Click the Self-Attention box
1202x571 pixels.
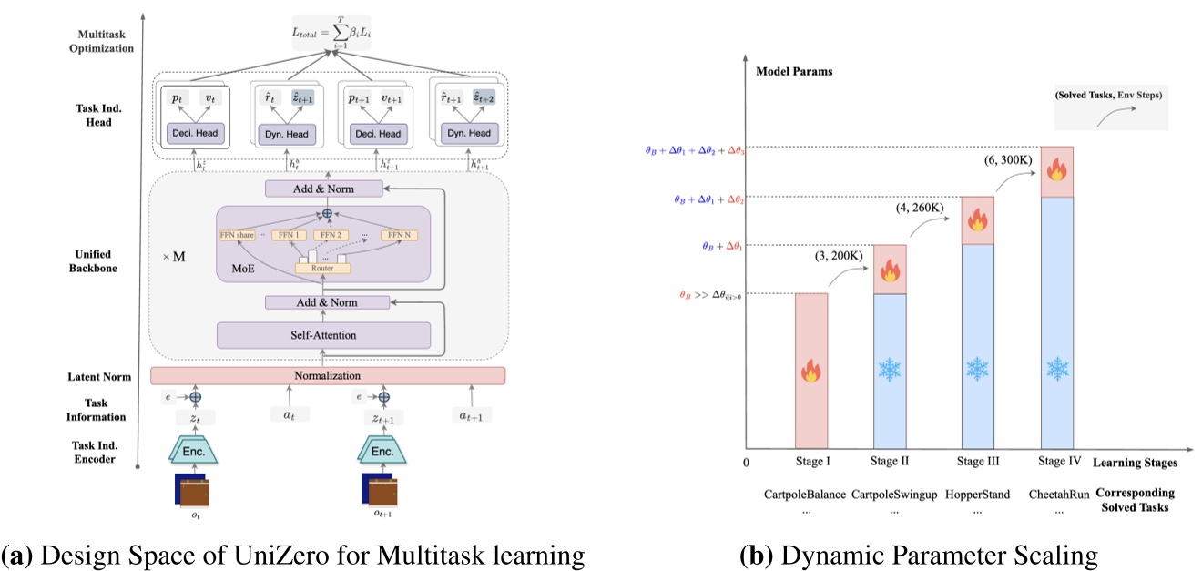point(323,335)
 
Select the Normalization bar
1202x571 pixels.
point(327,375)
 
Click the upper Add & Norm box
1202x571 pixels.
point(323,189)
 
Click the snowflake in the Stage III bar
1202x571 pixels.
point(977,369)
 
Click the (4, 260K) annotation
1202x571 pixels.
point(917,209)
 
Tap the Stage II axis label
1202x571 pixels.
point(891,462)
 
